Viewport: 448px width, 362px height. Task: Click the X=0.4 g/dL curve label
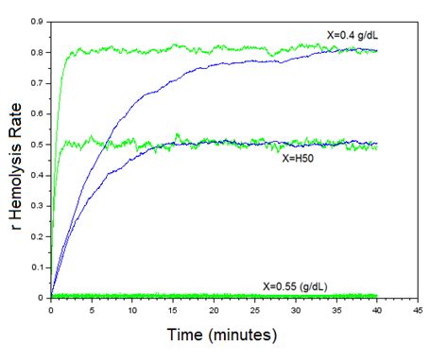pos(358,35)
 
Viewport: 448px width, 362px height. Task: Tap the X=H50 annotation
pos(299,159)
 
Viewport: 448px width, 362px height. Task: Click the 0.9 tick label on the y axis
pos(38,20)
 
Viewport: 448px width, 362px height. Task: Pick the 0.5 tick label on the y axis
pos(38,144)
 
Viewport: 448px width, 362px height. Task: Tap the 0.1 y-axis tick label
pos(38,267)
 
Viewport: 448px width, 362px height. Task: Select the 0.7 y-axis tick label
pos(38,82)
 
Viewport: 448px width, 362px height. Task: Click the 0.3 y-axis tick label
pos(38,205)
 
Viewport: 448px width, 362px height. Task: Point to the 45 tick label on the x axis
pos(418,308)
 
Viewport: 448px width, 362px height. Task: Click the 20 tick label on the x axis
pos(214,308)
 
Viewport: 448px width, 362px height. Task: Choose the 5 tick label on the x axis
pos(92,308)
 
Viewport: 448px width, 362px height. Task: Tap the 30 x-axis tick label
pos(296,308)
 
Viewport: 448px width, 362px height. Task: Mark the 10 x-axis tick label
pos(132,308)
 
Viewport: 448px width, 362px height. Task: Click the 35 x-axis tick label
pos(336,308)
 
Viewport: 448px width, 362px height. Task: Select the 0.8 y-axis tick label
pos(38,51)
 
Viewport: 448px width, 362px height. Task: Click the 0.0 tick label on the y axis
pos(38,298)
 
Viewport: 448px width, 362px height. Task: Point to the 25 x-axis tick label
pos(255,308)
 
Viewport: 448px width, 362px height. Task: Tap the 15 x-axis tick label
pos(173,308)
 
